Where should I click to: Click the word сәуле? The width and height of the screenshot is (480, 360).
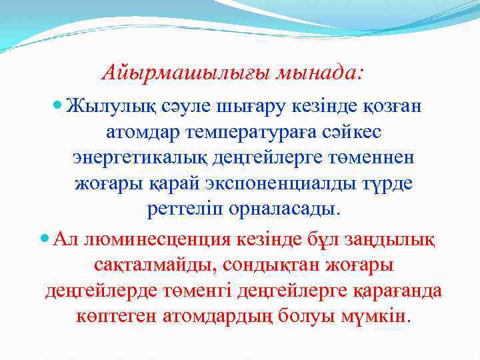[183, 107]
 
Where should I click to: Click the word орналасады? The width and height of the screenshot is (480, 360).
[286, 211]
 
